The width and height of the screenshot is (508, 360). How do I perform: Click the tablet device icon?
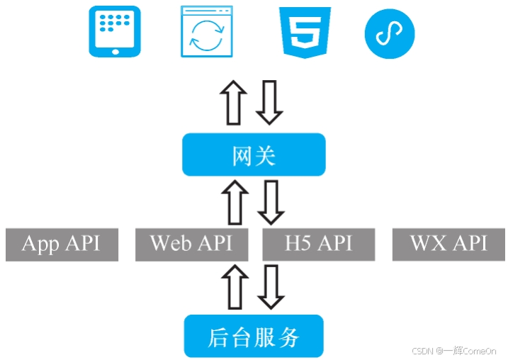(114, 31)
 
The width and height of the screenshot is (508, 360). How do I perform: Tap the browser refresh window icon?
(207, 31)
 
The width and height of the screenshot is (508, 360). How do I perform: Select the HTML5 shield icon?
(305, 31)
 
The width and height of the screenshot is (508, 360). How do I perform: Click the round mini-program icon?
(390, 33)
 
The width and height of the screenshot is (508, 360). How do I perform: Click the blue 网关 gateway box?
(254, 155)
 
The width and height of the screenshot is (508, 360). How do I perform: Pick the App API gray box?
(62, 244)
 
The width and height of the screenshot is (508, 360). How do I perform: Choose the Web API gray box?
(191, 244)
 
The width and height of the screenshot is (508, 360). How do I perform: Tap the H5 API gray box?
(318, 244)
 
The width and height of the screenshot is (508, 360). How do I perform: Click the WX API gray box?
(448, 244)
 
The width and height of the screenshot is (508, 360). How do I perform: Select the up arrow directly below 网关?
(234, 201)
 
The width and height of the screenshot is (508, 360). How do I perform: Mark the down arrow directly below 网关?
(270, 201)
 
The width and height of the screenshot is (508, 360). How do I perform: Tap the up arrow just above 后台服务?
(235, 286)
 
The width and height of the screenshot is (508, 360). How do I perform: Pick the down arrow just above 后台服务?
(270, 286)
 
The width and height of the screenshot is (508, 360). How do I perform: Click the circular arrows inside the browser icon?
(207, 37)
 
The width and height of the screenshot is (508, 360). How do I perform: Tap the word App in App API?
(40, 244)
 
